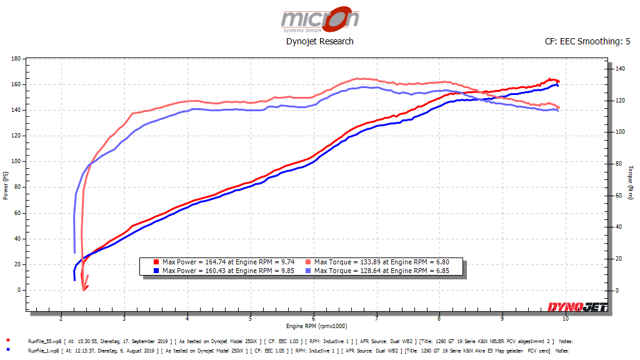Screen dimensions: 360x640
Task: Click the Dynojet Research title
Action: tap(319, 41)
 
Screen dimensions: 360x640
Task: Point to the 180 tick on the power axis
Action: tap(16, 59)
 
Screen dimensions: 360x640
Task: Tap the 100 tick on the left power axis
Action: tap(16, 161)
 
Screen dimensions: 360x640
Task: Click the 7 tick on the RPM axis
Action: tap(377, 318)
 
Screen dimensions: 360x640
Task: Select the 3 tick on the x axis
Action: tap(124, 318)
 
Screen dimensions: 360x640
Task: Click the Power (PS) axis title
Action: tap(6, 187)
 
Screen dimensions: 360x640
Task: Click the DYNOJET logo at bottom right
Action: tap(578, 307)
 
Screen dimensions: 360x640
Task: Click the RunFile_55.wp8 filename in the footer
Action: tap(45, 341)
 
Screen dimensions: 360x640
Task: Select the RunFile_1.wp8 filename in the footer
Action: tap(44, 351)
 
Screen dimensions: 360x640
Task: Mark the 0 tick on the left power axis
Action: tap(19, 290)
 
